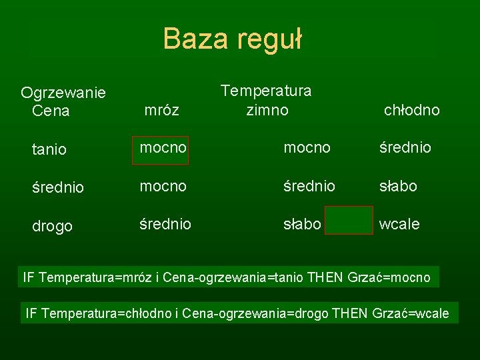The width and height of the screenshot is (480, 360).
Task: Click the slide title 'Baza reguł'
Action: [233, 39]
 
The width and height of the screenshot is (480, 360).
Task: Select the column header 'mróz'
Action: [161, 110]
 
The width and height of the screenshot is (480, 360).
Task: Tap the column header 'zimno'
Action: [267, 109]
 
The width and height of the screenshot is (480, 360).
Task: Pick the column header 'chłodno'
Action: [411, 110]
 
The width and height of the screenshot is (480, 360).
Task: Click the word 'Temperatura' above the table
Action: [266, 90]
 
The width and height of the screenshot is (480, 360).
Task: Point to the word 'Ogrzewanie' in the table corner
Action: [63, 92]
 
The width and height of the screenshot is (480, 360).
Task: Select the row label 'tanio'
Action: [49, 149]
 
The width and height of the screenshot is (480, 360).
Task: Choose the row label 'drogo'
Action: [52, 227]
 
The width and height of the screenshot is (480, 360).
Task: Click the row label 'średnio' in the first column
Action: [58, 188]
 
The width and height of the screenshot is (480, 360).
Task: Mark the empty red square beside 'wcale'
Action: [349, 220]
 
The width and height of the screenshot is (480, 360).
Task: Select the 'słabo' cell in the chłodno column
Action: [398, 186]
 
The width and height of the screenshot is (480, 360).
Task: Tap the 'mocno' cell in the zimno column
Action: [307, 148]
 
